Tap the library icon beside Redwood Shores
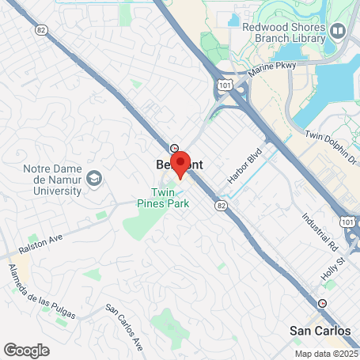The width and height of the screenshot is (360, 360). tap(339, 31)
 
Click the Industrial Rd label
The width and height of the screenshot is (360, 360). tap(317, 230)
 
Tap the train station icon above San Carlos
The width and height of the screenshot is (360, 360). tap(322, 303)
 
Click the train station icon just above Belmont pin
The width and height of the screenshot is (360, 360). tap(174, 148)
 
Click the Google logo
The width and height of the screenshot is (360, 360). tap(26, 350)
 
